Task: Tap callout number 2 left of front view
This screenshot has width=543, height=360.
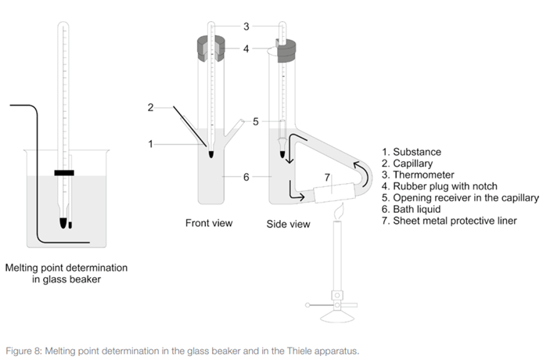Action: [x=150, y=108]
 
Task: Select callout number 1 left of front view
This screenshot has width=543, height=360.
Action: [x=150, y=142]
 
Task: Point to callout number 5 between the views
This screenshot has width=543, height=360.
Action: [x=256, y=121]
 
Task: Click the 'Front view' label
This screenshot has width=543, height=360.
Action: [x=209, y=223]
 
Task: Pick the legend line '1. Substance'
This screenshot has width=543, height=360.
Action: [x=412, y=151]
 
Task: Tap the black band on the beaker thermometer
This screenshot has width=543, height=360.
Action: [x=64, y=171]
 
